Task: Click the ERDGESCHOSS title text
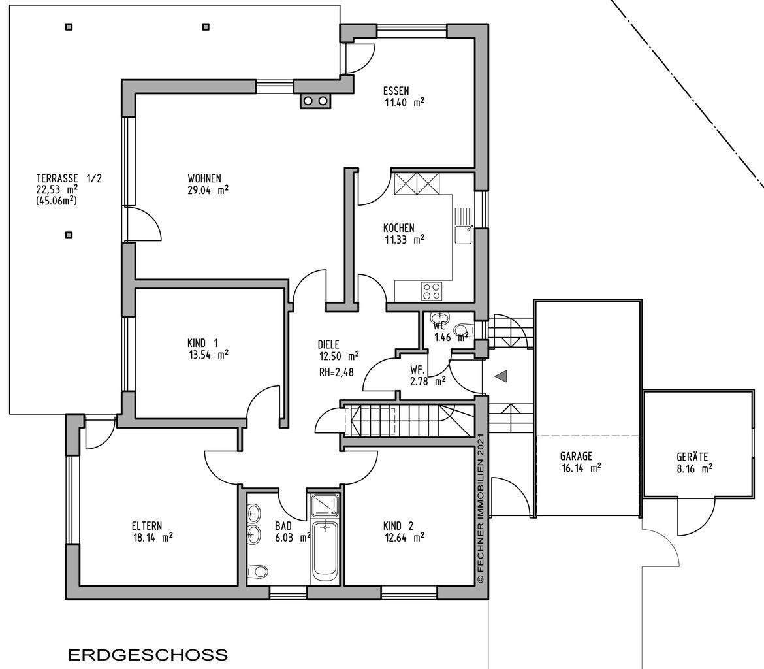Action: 148,654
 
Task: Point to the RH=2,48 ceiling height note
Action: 338,373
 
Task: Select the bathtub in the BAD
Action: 325,551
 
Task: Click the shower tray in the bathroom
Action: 325,506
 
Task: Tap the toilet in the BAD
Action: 259,572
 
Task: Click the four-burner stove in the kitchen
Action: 431,289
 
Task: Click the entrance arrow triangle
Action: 501,376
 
